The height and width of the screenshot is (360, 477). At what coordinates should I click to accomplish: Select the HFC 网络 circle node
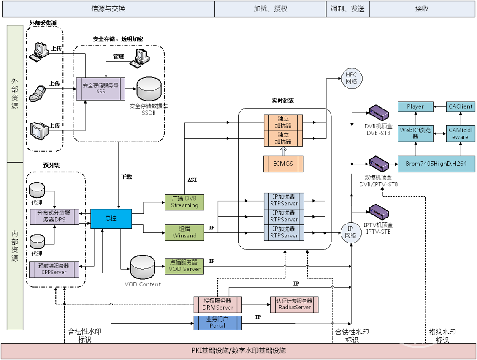point(351,79)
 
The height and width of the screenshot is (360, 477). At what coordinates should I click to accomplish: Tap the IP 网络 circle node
point(351,232)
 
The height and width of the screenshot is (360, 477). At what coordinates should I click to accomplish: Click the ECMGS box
point(283,164)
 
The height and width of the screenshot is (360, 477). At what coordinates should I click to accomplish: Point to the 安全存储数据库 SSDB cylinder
point(149,89)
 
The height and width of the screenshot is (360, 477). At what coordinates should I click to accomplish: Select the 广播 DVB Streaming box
point(184,202)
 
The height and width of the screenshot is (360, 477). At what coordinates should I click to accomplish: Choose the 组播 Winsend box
point(184,232)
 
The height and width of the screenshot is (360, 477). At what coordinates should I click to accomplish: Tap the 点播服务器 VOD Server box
point(184,265)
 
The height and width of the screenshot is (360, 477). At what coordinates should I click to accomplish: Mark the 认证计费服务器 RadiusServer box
point(294,304)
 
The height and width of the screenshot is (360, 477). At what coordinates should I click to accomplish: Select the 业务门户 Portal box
point(217,323)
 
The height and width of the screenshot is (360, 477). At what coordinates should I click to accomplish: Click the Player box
point(415,106)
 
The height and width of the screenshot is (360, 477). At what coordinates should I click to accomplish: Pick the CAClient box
point(460,106)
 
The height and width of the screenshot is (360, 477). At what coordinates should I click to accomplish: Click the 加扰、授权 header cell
point(270,8)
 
